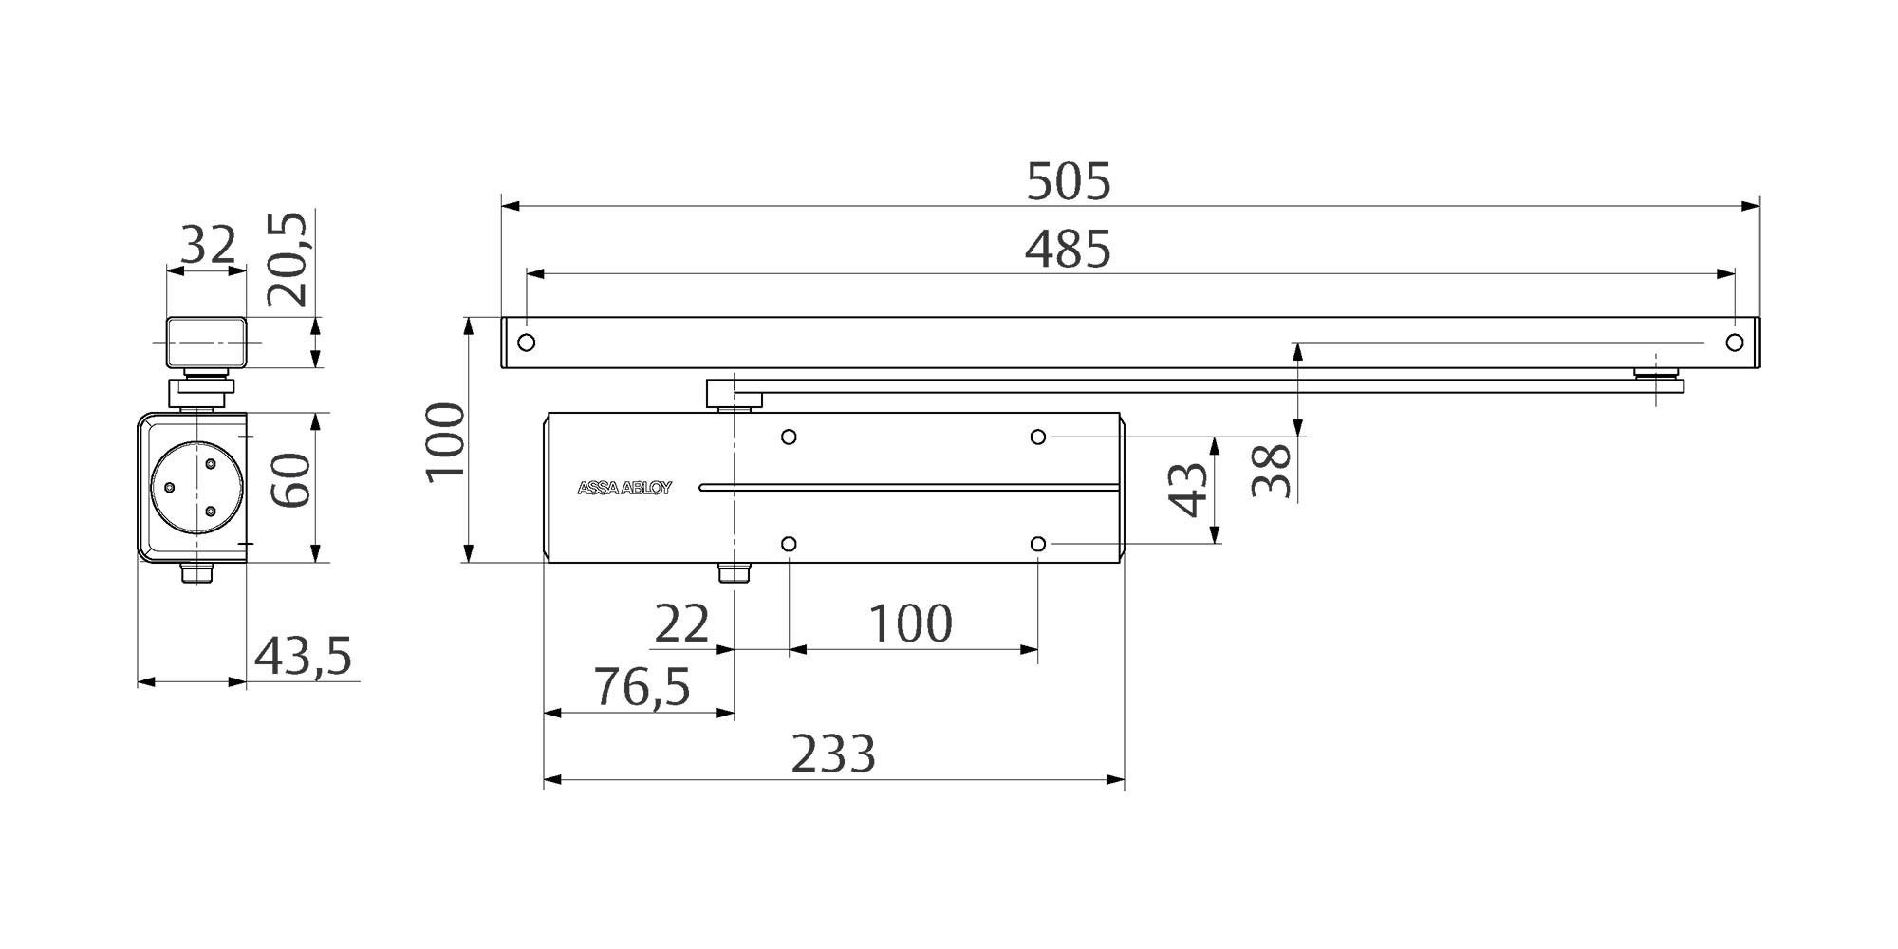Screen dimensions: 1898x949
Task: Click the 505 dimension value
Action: pyautogui.click(x=1068, y=181)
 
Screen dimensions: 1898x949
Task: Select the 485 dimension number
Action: pyautogui.click(x=1068, y=250)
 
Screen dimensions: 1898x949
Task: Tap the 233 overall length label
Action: pyautogui.click(x=833, y=755)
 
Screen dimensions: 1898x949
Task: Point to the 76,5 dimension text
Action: pyautogui.click(x=642, y=687)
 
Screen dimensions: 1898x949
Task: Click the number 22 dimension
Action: pyautogui.click(x=681, y=625)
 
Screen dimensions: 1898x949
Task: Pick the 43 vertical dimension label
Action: pyautogui.click(x=1190, y=490)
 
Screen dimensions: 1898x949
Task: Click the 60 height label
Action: pyautogui.click(x=291, y=481)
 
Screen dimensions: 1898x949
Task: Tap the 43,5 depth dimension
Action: pyautogui.click(x=304, y=657)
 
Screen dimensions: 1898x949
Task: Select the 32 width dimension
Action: pyautogui.click(x=208, y=247)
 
